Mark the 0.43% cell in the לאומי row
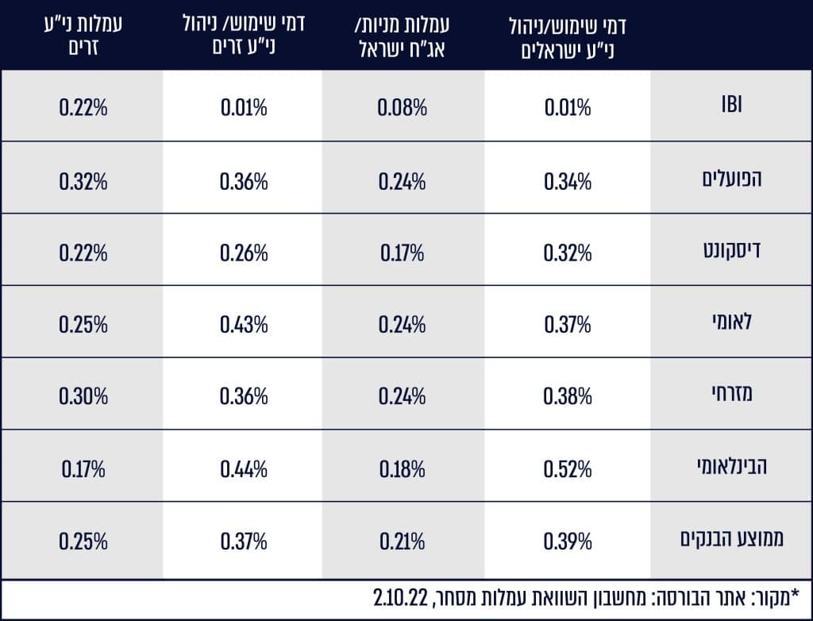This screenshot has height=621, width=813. pos(244,324)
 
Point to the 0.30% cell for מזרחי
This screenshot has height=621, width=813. pos(83,396)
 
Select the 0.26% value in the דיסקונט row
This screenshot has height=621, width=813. pos(244,253)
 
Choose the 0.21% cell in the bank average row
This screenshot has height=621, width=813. pos(402,542)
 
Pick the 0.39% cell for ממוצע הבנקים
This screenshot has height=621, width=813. pos(568,542)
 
